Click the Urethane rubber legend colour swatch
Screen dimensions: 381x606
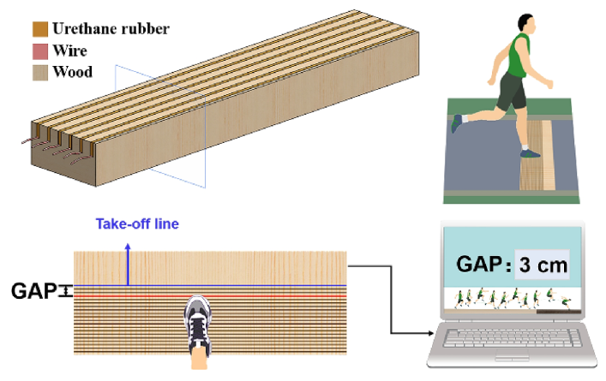(39, 28)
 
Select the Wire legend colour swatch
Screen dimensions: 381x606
(39, 51)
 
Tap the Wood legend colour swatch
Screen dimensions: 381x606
(39, 72)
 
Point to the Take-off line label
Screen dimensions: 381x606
(137, 224)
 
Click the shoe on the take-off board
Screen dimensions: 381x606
(198, 323)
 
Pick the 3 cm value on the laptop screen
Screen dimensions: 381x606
(541, 265)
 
